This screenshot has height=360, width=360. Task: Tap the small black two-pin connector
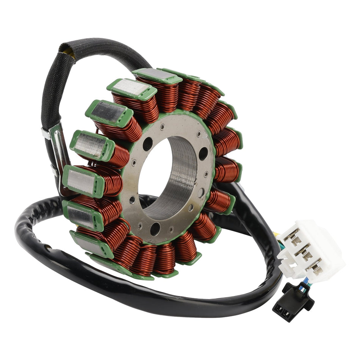click(x=292, y=302)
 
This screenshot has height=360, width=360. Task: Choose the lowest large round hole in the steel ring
click(x=155, y=229)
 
